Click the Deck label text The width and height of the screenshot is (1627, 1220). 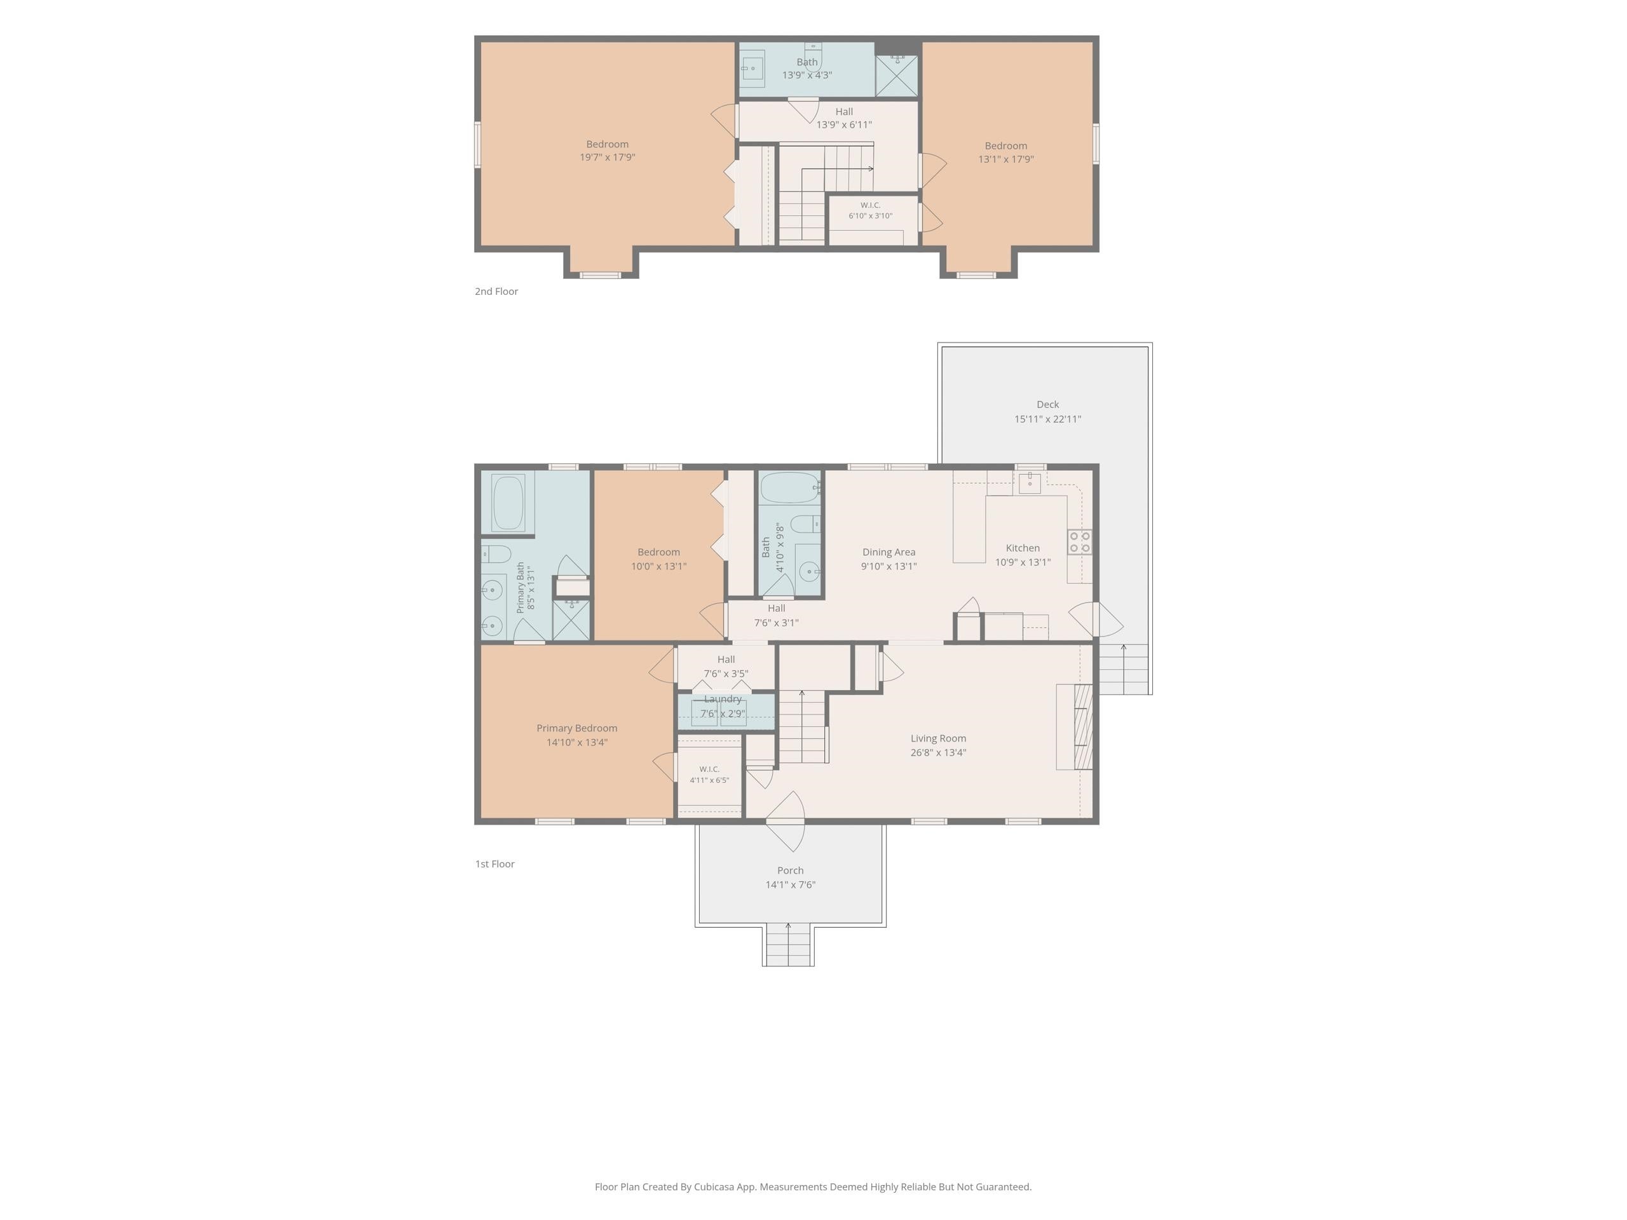1047,405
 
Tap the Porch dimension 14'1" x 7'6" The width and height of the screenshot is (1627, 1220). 790,884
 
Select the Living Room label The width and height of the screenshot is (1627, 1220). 938,738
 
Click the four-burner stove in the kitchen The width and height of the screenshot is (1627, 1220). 1080,542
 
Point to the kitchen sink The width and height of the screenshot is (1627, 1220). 1030,482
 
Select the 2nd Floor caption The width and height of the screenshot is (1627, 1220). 496,291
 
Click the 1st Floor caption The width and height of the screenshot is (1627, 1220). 495,864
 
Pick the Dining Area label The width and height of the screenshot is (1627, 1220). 888,552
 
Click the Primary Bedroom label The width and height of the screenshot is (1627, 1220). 576,728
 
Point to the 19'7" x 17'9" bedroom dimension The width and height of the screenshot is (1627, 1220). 608,158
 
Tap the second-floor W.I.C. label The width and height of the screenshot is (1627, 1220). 870,205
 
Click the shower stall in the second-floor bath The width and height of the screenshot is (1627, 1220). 897,75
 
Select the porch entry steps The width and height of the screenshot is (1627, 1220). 787,945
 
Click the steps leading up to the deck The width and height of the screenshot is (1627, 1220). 1123,669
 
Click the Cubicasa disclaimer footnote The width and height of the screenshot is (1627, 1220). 813,1186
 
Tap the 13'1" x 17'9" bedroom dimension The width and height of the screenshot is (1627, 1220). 1005,159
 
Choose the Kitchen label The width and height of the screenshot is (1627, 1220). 1023,548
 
